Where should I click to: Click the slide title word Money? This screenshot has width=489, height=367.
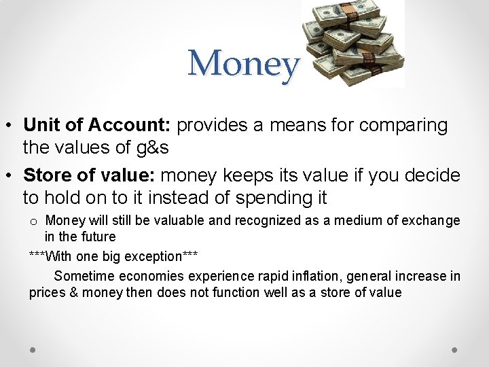point(243,65)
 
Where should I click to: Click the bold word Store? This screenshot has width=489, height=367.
point(48,175)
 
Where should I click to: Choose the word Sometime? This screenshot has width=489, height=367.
point(84,276)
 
